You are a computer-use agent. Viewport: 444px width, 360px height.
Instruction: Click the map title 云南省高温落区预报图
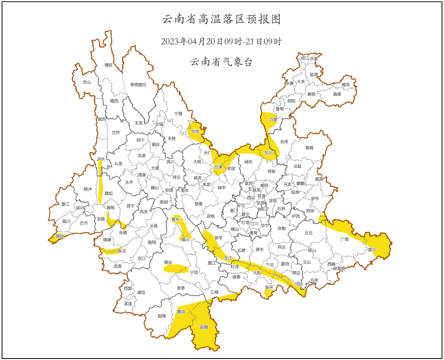point(221,19)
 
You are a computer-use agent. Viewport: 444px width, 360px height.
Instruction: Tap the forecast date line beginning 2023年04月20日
point(221,42)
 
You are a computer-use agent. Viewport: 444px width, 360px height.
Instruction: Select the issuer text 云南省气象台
point(221,62)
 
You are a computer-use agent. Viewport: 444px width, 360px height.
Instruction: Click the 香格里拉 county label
point(138,85)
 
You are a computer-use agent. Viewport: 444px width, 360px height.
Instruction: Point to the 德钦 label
point(109,65)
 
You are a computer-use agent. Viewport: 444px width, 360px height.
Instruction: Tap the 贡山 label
point(87,82)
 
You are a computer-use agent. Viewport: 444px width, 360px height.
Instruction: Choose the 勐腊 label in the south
point(204,327)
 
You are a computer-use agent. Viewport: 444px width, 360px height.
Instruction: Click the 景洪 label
point(181,312)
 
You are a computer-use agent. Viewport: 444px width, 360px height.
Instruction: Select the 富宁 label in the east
point(372,250)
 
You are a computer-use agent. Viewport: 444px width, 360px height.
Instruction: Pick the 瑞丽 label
point(60,236)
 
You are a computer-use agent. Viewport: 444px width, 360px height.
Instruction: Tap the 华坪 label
point(195,132)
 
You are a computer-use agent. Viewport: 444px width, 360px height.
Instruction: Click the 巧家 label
point(273,120)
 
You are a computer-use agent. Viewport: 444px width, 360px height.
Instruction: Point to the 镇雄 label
point(337,94)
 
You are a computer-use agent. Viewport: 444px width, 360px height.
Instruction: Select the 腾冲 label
point(88,189)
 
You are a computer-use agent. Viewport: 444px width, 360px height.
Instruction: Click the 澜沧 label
point(141,293)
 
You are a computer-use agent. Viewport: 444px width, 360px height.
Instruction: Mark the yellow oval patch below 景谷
point(176,269)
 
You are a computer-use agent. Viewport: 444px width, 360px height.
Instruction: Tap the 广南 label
point(344,239)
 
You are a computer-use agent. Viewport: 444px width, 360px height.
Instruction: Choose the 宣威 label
point(309,148)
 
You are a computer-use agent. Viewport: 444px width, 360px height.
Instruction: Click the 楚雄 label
point(198,204)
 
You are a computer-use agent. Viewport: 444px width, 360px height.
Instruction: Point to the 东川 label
point(268,153)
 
